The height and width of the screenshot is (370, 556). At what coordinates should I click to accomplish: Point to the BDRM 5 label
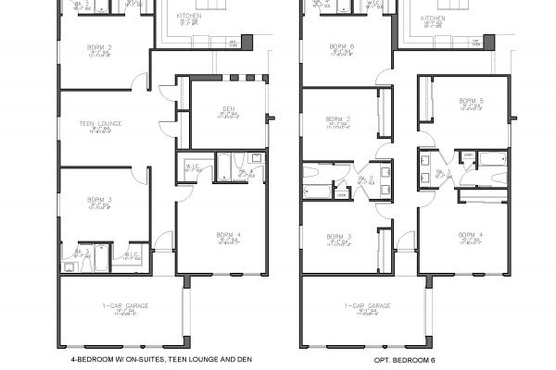pyautogui.click(x=471, y=101)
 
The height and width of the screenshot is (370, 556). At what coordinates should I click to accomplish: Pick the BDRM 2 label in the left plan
pyautogui.click(x=99, y=46)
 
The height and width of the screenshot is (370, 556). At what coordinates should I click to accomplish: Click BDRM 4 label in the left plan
pyautogui.click(x=227, y=235)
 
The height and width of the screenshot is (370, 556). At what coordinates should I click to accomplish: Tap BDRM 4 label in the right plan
pyautogui.click(x=471, y=235)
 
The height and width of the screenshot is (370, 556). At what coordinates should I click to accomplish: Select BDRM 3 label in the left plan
pyautogui.click(x=99, y=199)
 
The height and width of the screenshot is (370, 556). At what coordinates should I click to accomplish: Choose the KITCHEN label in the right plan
pyautogui.click(x=433, y=17)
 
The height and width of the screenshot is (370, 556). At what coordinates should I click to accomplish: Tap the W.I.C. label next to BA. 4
pyautogui.click(x=193, y=166)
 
